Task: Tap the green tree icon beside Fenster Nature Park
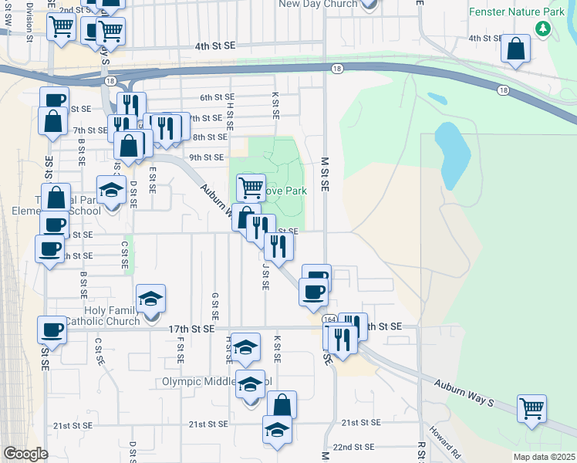(544, 29)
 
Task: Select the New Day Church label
(318, 4)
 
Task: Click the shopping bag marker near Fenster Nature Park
(515, 48)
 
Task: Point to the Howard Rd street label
(446, 439)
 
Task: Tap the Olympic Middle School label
(216, 381)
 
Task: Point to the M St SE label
(325, 173)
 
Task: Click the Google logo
(25, 454)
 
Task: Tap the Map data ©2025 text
(544, 457)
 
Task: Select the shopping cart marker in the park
(251, 187)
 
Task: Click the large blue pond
(448, 150)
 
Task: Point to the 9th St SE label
(206, 157)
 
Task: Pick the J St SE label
(265, 275)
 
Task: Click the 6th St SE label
(217, 97)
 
